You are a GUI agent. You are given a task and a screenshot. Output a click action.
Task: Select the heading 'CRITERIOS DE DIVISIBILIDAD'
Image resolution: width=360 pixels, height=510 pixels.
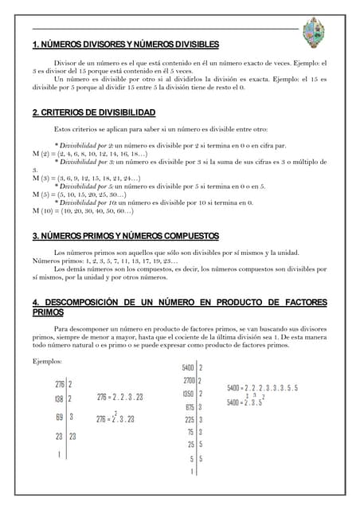(94, 112)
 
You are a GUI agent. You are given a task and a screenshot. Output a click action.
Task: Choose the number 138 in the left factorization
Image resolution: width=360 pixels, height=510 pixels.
(59, 398)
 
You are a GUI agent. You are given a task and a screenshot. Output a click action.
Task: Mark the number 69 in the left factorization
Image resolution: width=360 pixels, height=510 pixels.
(60, 417)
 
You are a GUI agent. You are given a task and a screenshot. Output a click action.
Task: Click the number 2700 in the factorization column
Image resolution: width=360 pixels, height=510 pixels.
(189, 381)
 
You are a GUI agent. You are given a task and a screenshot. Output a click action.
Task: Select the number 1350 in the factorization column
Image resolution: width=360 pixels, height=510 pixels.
(189, 394)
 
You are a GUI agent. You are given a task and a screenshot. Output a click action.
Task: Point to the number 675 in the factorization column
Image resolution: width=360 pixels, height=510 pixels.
(190, 406)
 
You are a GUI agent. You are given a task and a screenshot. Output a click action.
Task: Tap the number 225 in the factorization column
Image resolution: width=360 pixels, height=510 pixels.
(190, 419)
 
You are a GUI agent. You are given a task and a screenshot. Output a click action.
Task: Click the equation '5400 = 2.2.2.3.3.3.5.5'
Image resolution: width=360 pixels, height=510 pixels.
(262, 388)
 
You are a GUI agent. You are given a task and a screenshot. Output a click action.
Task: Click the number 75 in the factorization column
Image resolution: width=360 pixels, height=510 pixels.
(191, 432)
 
